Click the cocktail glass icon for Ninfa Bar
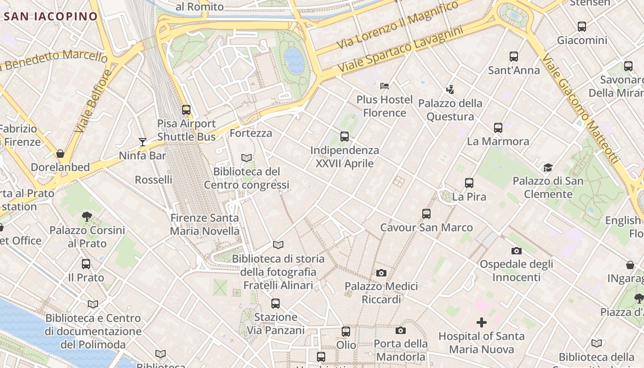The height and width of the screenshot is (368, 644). point(143,142)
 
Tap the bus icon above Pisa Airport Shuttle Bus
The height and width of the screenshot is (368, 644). point(186,110)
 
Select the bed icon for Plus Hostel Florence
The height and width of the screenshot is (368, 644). point(385,86)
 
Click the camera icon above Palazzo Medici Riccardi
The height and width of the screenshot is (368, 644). point(381,273)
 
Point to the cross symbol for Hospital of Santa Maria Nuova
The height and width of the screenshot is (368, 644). point(481,322)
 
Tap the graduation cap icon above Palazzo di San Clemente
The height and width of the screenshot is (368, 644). point(547,167)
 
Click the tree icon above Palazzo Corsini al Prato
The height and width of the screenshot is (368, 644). point(86,216)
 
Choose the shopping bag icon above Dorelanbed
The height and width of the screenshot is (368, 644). point(60,153)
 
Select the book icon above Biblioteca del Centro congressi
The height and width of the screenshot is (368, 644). point(247,158)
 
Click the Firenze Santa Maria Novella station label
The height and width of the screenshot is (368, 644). point(205,224)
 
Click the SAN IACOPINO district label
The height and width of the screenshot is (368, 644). point(51,17)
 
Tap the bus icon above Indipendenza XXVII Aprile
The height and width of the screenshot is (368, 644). point(344,136)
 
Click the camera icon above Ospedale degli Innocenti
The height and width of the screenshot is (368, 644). point(516,251)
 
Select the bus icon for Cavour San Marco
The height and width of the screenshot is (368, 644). point(426,213)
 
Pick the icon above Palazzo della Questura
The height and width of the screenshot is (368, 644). point(450,89)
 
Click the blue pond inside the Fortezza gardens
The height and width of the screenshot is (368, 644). point(294,60)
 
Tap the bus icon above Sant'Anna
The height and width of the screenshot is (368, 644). point(513,57)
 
